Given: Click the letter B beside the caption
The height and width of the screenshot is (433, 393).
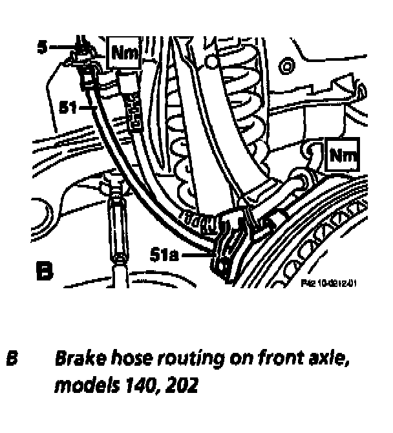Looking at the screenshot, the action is point(12,357).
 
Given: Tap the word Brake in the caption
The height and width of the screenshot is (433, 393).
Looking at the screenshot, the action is point(77,357).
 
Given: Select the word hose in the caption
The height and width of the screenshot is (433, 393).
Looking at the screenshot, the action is point(126,357).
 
